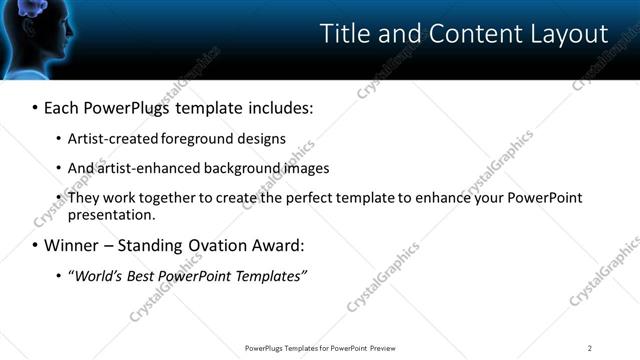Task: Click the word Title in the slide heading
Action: [343, 33]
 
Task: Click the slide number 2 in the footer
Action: [590, 348]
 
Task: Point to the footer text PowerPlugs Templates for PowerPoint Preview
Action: [320, 348]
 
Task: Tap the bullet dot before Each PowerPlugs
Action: [35, 107]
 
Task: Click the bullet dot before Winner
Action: [35, 246]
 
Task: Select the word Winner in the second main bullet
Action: [72, 245]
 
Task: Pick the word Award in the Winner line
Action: [275, 245]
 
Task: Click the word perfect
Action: [300, 198]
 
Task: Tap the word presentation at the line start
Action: [110, 215]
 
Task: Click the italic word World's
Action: [93, 275]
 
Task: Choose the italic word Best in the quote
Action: [137, 275]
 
